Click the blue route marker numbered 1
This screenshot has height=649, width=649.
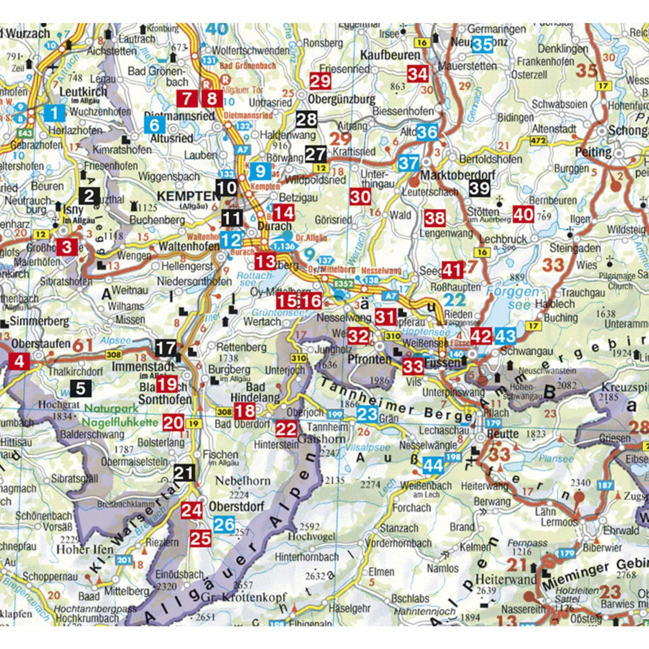pos(54,113)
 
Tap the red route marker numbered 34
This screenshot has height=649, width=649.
pos(418,74)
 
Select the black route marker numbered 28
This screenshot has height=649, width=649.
pos(306,119)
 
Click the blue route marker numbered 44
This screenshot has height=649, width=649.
pos(433,465)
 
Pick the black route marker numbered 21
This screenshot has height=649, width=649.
pos(184,473)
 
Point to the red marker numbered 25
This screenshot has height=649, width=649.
pos(201,539)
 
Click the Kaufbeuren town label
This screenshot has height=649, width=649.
pos(390,55)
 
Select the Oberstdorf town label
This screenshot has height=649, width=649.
pos(236,506)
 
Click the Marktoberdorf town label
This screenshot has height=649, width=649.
pos(458,175)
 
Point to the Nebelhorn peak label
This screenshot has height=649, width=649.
pos(243,481)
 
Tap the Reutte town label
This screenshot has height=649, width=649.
pos(502,434)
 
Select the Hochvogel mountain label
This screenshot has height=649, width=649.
pos(312,537)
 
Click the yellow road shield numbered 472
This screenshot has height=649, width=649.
pos(538,141)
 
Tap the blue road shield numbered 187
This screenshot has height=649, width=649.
pos(605,485)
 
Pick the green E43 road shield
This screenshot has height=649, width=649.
pos(25,133)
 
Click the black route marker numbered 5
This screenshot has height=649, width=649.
pos(80,388)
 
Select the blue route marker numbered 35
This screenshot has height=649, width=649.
pos(482,45)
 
